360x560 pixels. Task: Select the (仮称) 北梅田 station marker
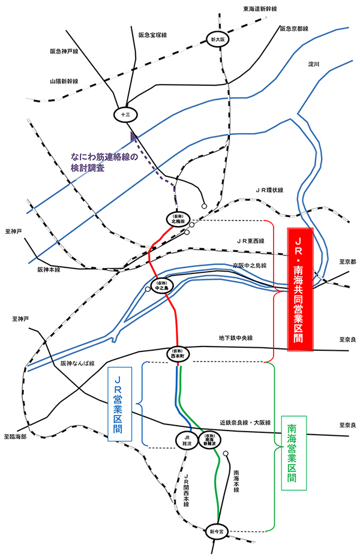pos(176,218)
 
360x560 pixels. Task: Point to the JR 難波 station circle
pos(187,440)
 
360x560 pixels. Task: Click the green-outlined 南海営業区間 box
pos(292,454)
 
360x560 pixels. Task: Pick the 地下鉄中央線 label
pos(236,339)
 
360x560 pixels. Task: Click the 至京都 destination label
pos(347,262)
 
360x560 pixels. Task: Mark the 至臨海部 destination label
pos(16,436)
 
